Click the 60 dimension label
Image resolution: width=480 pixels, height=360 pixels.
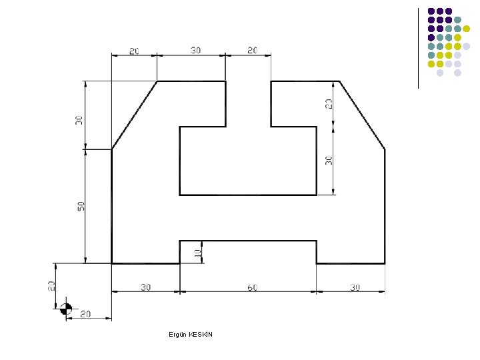(252, 287)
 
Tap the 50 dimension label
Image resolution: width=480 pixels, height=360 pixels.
(81, 206)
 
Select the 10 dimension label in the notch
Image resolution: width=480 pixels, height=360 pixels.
(198, 253)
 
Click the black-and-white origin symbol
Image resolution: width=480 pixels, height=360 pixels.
(66, 309)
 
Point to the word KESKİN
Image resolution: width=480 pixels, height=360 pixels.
(201, 334)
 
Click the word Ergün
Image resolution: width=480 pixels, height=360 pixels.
(177, 335)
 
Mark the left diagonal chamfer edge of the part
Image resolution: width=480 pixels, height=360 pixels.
(135, 115)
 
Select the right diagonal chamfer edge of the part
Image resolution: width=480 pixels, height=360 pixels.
(362, 115)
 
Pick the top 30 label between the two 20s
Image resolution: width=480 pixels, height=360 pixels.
(195, 50)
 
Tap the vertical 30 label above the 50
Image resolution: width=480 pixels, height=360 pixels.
(79, 120)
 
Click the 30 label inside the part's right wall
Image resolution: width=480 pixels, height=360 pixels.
(329, 161)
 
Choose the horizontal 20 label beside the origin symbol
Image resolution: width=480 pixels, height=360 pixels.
(85, 314)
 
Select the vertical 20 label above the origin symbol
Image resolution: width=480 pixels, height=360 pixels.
(51, 286)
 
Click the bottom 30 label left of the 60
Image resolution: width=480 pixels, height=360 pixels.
(146, 287)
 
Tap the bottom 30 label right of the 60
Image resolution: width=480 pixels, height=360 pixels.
(355, 287)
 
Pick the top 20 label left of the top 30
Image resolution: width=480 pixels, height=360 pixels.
(134, 51)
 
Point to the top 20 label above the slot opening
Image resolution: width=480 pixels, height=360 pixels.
(252, 50)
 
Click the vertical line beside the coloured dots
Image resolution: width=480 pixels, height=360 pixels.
(418, 49)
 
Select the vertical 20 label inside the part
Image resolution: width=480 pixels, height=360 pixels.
(329, 104)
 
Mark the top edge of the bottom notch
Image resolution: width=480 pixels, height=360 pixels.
(248, 241)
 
